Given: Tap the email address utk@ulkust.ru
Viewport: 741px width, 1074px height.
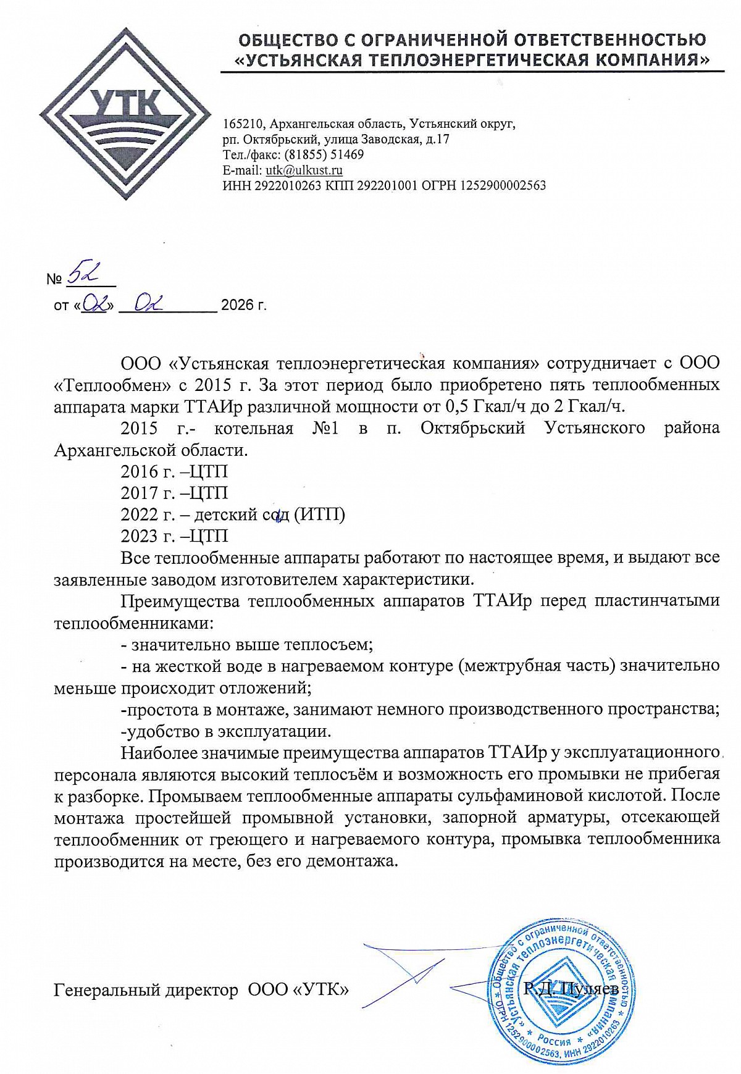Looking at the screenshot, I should coord(304,170).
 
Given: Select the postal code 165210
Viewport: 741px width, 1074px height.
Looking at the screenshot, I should coord(243,125).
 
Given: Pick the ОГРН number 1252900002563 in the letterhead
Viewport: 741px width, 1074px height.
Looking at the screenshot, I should coord(503,185).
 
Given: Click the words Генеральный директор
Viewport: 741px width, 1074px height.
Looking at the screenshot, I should coord(146,990).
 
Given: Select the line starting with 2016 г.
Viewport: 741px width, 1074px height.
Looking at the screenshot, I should coord(174,472).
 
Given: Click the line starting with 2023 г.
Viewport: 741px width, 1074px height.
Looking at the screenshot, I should coord(174,535).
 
